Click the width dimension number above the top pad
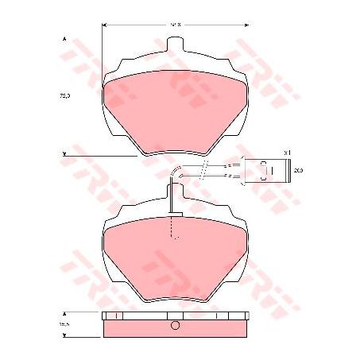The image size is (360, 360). click(x=176, y=25)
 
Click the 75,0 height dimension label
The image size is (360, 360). click(x=64, y=95)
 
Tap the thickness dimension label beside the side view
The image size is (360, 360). click(x=64, y=324)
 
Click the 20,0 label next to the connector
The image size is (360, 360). click(x=298, y=170)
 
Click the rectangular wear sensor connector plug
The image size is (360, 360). click(x=265, y=170)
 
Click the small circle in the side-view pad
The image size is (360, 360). click(x=176, y=326)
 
